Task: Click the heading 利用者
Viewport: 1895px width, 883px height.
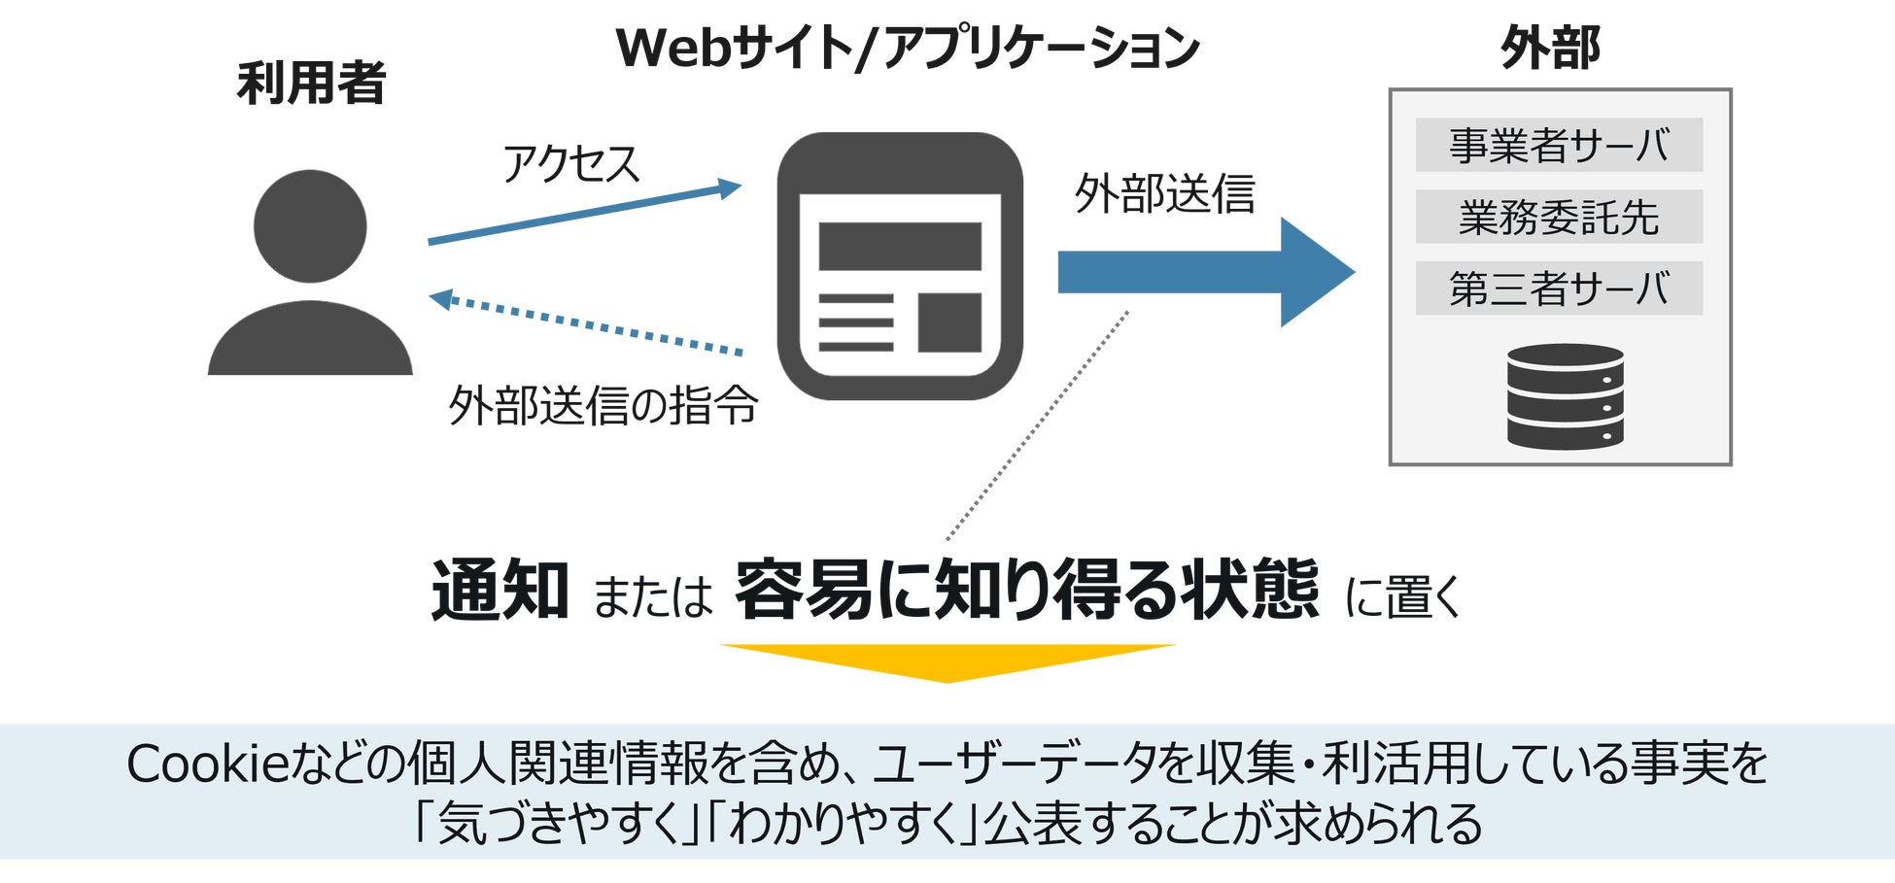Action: click(311, 84)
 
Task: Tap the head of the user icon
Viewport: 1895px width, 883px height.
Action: click(310, 226)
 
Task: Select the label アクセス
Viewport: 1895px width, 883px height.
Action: click(570, 163)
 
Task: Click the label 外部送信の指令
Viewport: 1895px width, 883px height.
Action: click(603, 405)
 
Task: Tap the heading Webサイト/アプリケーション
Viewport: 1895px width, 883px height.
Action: click(908, 49)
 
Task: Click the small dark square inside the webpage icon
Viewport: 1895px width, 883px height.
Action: click(949, 322)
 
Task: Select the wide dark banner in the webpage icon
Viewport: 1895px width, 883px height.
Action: click(900, 247)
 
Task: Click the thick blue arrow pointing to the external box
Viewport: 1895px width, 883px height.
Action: click(1205, 272)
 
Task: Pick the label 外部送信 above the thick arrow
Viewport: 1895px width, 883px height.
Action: click(1164, 193)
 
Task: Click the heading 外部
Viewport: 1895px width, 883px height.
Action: click(1551, 49)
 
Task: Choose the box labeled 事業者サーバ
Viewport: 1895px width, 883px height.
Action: click(1559, 145)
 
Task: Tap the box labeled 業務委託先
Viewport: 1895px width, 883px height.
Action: click(1559, 217)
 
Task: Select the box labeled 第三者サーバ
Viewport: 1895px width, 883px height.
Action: click(1559, 289)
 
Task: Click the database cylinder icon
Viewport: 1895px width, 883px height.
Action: click(1565, 396)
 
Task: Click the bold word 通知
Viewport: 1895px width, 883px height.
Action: click(500, 591)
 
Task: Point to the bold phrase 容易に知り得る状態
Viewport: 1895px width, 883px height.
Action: click(1026, 591)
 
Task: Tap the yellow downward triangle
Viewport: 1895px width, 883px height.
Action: click(947, 662)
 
